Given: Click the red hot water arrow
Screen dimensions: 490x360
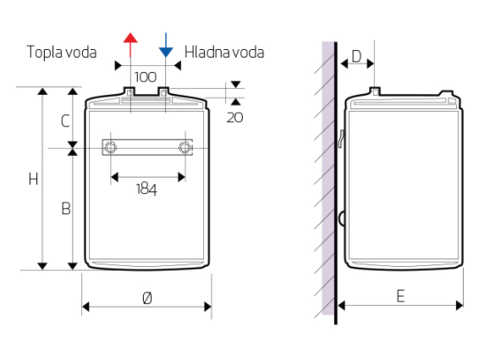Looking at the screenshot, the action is tap(130, 45).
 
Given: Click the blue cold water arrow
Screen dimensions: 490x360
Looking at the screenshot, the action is tap(166, 45).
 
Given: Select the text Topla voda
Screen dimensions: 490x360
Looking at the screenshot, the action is tap(62, 53).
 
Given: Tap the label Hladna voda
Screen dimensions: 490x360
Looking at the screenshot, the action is tap(224, 53).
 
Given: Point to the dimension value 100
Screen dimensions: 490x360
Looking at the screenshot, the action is tap(146, 77).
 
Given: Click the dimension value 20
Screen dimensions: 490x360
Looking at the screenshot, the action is tap(234, 118).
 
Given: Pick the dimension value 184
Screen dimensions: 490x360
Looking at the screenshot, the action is tap(146, 189).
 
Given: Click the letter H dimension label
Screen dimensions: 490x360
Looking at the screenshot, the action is tap(33, 180).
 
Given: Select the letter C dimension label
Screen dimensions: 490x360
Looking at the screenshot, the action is tap(65, 121).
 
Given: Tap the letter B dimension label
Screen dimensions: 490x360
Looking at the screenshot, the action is tap(66, 208).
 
